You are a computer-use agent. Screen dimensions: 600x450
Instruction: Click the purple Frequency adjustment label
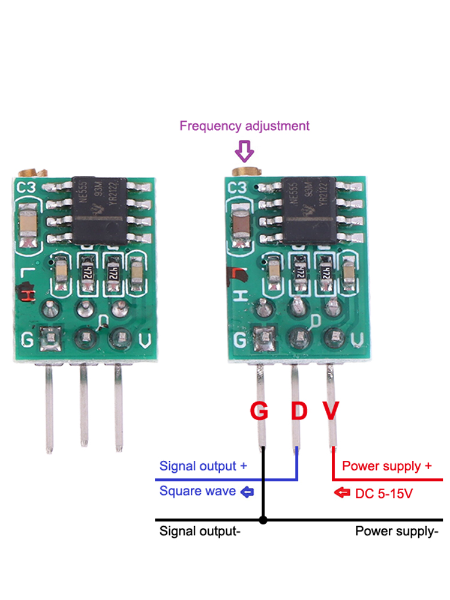point(244,126)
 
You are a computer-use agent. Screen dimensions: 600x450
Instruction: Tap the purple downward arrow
point(244,151)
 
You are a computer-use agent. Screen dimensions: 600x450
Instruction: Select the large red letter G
point(259,412)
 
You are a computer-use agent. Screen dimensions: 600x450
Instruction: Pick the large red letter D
point(299,412)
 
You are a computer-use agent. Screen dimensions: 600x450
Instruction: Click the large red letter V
point(331,412)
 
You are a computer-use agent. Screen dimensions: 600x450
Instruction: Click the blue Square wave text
point(197,491)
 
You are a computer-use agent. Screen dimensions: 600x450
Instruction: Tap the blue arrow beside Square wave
point(247,492)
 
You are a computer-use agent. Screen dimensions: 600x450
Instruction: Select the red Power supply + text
point(386,466)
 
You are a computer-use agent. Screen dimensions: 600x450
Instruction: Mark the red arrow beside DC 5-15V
point(342,493)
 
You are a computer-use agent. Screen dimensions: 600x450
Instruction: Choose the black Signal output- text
point(200,531)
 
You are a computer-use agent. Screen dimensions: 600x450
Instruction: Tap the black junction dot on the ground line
point(263,520)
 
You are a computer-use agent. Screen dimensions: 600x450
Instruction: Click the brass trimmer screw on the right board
point(245,172)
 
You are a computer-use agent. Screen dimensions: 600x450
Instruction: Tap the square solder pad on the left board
point(49,340)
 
